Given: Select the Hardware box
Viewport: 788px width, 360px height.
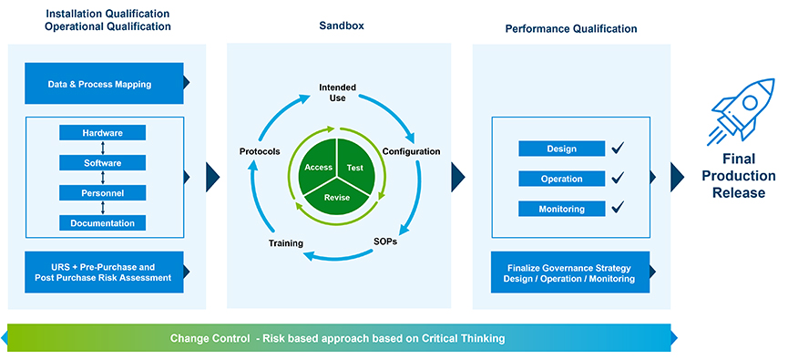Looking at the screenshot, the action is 103,133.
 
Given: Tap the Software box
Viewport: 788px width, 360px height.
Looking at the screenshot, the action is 103,163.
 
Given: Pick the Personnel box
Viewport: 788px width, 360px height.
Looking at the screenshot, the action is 103,192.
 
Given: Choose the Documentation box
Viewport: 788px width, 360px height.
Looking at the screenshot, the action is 103,222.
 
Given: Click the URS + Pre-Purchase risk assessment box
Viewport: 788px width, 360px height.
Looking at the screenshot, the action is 104,272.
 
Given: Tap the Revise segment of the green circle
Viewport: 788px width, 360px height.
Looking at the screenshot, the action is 337,198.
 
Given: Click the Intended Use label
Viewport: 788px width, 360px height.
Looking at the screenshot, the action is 338,93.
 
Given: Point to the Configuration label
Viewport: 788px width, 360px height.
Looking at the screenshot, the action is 412,151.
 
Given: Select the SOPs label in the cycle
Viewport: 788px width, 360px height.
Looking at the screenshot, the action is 386,241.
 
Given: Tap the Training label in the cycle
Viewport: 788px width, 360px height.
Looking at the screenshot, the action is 285,243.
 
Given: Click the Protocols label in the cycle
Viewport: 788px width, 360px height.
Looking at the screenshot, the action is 260,151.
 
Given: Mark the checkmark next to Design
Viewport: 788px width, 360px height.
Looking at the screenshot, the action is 618,148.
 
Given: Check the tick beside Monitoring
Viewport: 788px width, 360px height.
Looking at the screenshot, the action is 618,207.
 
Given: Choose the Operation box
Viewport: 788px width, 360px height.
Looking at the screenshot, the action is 562,179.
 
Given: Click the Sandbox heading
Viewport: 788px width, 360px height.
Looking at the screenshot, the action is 342,26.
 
